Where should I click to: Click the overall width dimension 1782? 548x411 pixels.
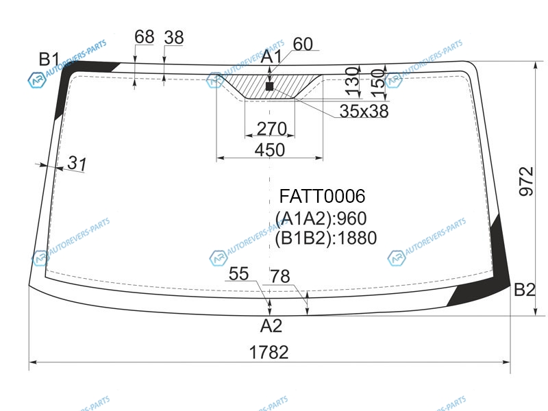(269, 352)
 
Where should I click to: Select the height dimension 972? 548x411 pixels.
(526, 182)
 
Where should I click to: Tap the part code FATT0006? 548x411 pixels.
(322, 196)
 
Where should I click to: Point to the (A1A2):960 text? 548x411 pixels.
(321, 219)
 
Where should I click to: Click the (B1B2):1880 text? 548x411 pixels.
(326, 238)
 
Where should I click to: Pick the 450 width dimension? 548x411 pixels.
(269, 150)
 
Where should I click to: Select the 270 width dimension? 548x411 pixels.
(272, 129)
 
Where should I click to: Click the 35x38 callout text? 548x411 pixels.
(364, 111)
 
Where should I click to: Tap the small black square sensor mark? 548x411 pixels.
(269, 86)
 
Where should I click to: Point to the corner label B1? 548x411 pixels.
(49, 59)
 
